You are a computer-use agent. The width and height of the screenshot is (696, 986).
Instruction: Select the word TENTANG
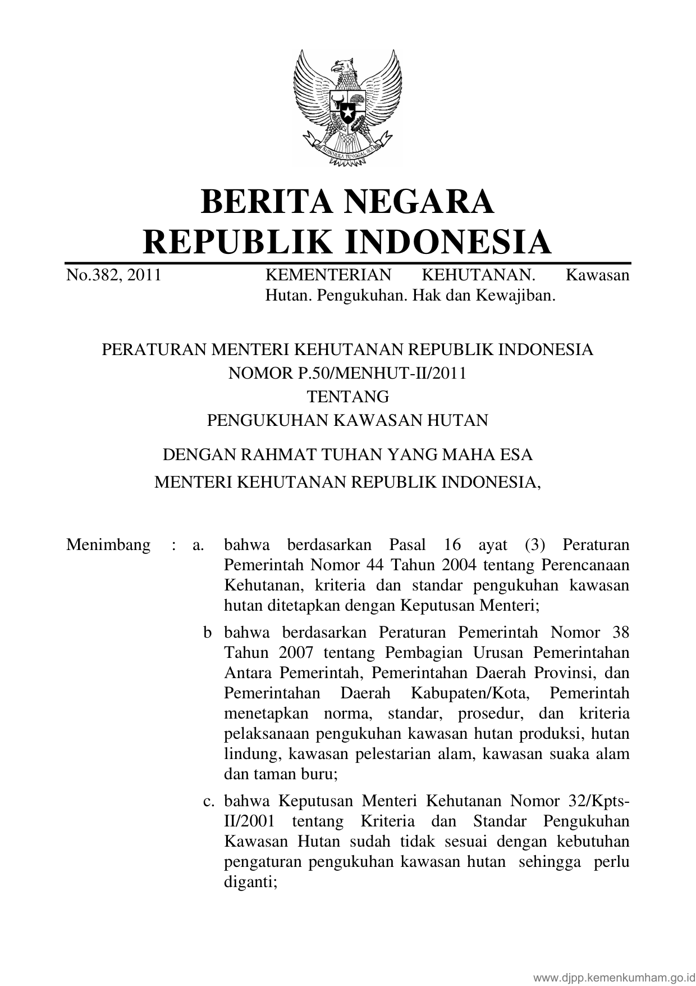coord(347,397)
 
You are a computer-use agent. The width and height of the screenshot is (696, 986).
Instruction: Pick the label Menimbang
coord(108,545)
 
